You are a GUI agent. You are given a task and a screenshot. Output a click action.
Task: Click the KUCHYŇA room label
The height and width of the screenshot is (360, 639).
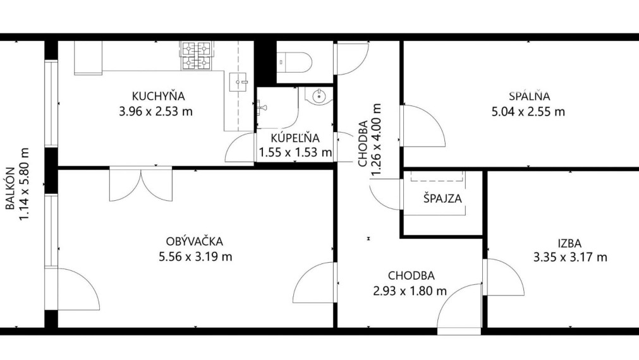158,97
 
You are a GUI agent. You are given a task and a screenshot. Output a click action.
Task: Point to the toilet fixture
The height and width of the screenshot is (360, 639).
295,62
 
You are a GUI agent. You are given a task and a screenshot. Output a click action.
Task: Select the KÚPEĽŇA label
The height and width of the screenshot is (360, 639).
295,138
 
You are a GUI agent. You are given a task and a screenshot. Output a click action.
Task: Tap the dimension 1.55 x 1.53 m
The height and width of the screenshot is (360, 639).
295,152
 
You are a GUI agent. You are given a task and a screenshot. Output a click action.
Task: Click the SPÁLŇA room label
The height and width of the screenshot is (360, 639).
530,97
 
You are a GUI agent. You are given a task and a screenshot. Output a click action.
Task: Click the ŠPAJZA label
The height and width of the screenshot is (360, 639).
442,198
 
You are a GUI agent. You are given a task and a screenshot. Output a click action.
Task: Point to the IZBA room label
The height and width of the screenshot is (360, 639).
569,243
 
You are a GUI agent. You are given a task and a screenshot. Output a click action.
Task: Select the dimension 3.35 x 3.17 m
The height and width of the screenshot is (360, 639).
569,257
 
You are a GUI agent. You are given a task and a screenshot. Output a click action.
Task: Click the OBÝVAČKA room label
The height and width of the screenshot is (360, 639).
195,241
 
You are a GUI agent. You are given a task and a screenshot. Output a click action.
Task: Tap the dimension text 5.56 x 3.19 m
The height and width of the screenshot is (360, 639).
195,256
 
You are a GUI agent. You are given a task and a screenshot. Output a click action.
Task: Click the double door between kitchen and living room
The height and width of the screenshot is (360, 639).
140,183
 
